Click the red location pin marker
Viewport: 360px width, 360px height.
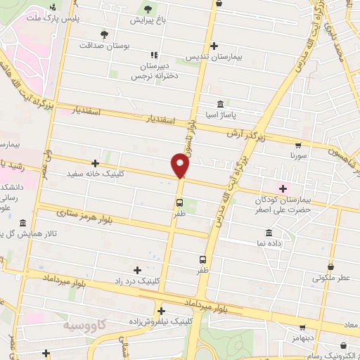pos(181,165)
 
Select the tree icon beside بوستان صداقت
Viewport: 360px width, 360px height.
pos(105,33)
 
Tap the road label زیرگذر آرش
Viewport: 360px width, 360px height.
pos(242,132)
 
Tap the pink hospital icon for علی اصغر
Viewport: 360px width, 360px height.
pos(283,188)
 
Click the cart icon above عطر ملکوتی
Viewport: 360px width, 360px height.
pos(332,266)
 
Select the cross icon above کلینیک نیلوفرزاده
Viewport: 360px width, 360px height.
pos(161,311)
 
